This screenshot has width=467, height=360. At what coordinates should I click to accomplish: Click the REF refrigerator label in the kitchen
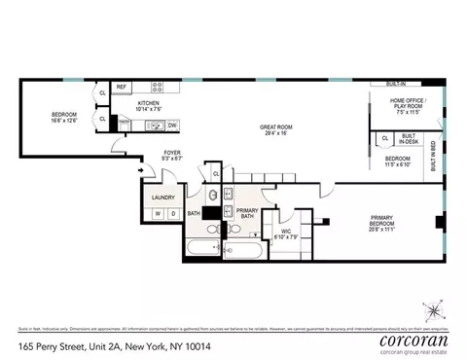123,87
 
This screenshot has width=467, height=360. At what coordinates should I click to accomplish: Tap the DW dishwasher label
172,125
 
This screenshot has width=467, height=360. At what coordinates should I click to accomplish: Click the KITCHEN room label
148,102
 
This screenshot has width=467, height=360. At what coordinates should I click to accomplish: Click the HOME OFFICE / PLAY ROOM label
409,103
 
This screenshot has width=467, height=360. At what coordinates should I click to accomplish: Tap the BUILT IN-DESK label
410,141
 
